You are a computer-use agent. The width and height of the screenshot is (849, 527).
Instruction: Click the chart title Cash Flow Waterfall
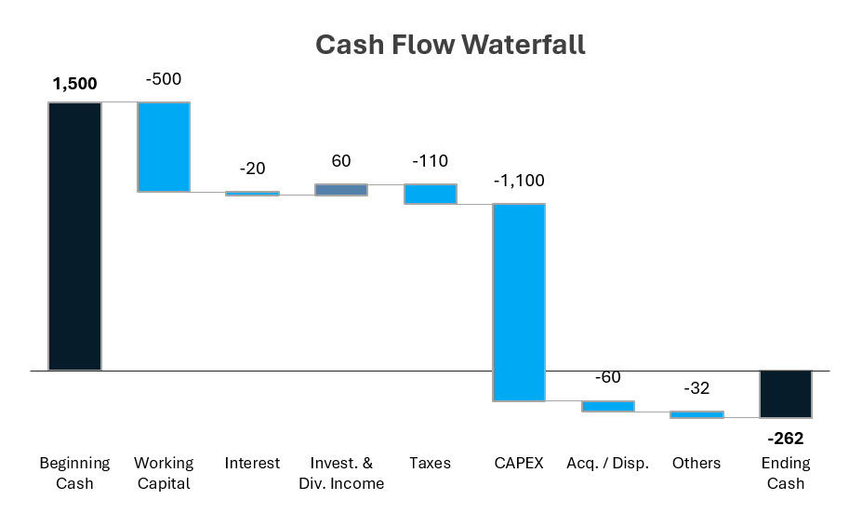(x=450, y=45)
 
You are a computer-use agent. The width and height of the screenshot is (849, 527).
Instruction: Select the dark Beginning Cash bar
(x=74, y=236)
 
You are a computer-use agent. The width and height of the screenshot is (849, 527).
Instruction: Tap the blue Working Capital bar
(x=164, y=146)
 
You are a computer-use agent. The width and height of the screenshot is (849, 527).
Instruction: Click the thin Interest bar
(x=252, y=194)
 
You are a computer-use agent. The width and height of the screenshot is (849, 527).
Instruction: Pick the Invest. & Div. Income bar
(x=341, y=190)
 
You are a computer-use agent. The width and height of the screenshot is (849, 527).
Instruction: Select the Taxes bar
(x=430, y=194)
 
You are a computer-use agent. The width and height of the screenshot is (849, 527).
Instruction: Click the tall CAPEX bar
(x=519, y=302)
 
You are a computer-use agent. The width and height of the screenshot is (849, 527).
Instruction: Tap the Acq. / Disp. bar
(x=608, y=406)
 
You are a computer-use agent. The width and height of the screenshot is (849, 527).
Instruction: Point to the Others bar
(x=696, y=414)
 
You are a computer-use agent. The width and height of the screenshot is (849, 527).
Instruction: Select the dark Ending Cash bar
(x=786, y=394)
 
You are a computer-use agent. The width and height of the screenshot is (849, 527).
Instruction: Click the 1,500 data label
(x=74, y=84)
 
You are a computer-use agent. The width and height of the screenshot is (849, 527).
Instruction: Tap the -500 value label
(x=164, y=79)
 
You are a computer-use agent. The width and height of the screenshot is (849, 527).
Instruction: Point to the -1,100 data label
(x=519, y=181)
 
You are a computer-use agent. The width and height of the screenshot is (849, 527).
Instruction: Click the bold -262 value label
(x=786, y=439)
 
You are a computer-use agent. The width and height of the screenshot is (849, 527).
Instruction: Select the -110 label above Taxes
(x=430, y=161)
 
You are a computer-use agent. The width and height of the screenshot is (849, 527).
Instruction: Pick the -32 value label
(x=696, y=388)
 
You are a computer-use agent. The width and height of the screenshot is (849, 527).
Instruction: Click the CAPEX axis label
(x=519, y=463)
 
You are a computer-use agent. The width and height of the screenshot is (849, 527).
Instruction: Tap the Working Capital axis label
(x=164, y=473)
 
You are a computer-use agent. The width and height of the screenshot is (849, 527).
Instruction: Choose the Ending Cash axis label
(x=786, y=473)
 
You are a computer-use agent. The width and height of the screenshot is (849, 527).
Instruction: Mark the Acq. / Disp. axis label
(x=608, y=463)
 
